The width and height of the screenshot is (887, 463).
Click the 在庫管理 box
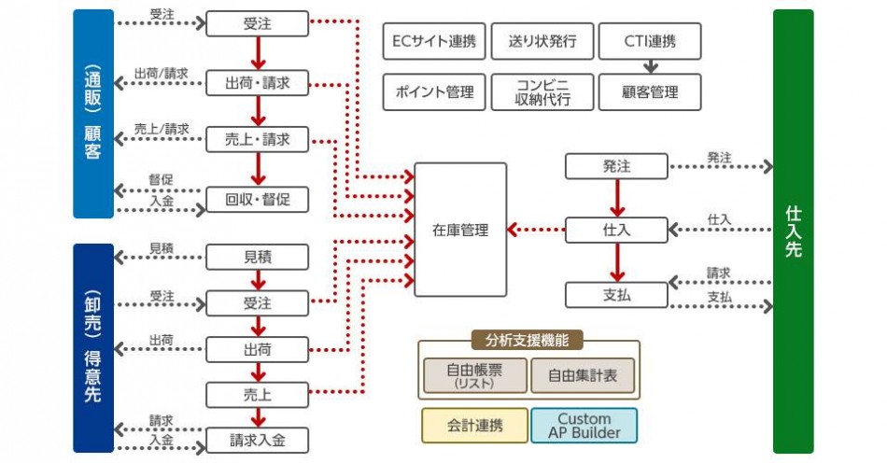460,230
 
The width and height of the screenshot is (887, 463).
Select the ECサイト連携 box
435,42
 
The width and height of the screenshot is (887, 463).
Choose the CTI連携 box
651,42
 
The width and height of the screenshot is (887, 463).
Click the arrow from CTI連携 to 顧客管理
651,67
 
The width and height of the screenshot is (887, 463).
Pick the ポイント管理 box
435,91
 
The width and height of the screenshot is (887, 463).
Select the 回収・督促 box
257,200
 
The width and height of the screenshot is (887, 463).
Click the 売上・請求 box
257,141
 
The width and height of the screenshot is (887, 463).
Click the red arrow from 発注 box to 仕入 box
616,197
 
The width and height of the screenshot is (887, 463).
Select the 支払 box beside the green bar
616,295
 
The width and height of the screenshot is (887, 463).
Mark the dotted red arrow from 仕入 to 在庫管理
536,230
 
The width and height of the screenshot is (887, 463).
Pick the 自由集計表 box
583,375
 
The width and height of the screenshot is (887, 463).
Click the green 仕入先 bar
793,231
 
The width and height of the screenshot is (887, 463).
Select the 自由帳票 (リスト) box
474,375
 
